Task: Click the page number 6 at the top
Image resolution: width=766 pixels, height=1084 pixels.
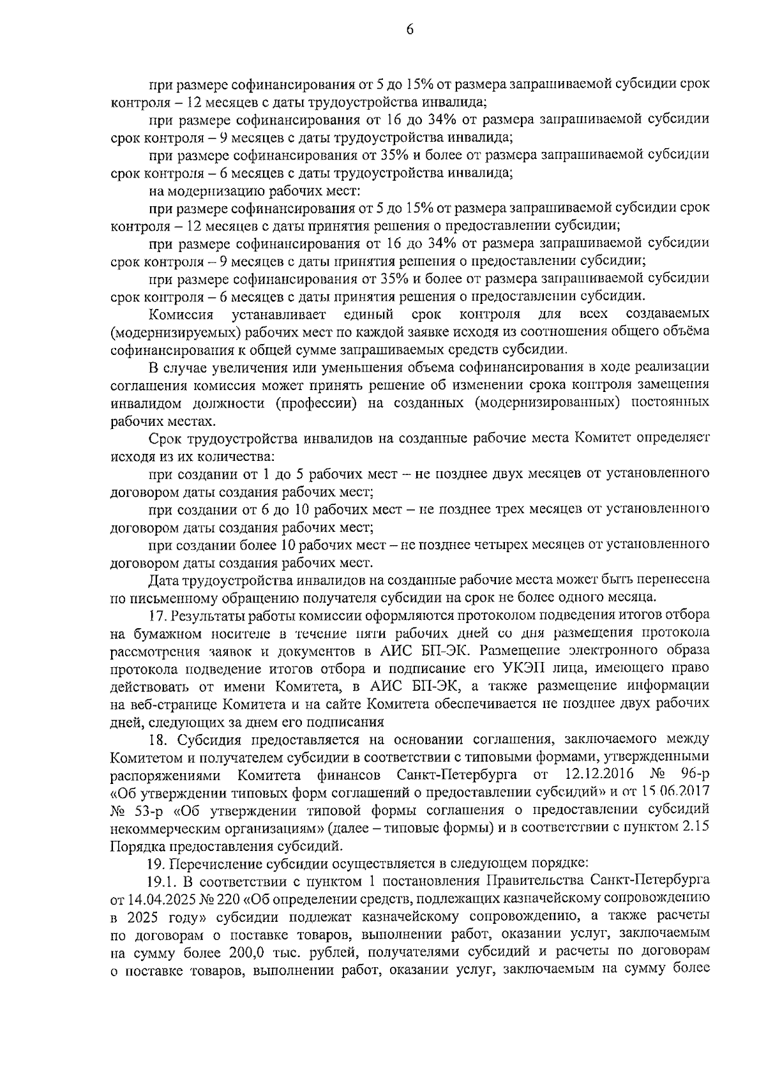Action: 409,29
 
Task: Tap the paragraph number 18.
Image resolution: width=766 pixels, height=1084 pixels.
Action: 158,740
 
